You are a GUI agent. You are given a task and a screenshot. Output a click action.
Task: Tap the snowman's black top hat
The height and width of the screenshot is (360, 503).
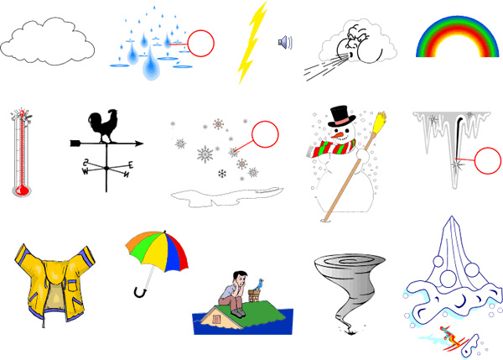pyautogui.click(x=340, y=116)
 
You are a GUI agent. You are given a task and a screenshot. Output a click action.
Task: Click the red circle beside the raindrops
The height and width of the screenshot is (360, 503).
pyautogui.click(x=200, y=44)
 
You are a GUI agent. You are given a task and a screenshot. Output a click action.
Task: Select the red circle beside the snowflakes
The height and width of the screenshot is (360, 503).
pyautogui.click(x=265, y=134)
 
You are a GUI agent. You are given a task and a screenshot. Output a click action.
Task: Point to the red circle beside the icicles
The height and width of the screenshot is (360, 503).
pyautogui.click(x=487, y=160)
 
